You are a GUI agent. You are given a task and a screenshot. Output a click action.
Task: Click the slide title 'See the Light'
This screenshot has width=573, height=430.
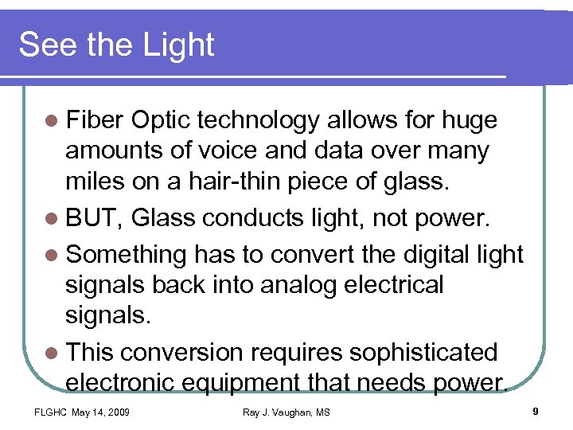click(116, 45)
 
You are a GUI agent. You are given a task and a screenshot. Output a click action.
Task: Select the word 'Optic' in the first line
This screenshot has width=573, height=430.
click(162, 120)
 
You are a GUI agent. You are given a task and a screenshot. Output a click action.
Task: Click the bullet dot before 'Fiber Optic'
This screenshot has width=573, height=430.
click(53, 121)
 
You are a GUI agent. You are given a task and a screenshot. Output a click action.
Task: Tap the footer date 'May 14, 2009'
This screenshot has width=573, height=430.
click(101, 412)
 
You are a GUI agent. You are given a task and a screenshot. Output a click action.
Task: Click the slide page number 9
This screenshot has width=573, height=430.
click(536, 411)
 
